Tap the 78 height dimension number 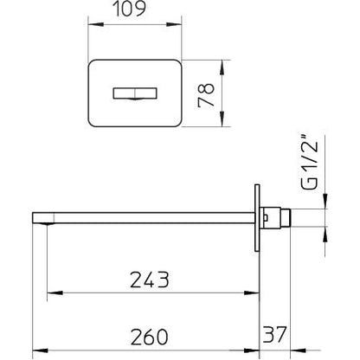[206, 95]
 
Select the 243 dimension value [149, 280]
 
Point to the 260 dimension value [149, 337]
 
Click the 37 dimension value [274, 334]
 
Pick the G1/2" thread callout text [310, 163]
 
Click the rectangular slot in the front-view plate [135, 93]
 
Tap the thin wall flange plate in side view [257, 217]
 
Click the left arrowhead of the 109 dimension [95, 25]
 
